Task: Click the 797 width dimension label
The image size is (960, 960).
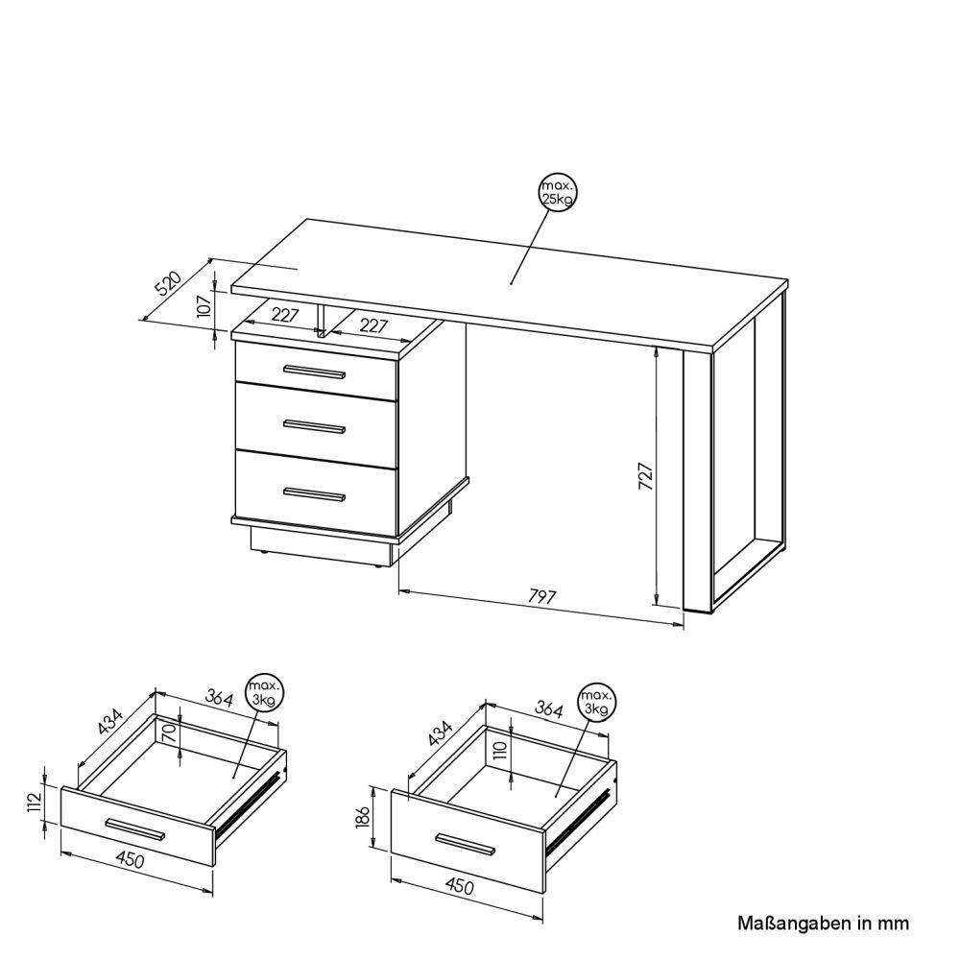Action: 542,596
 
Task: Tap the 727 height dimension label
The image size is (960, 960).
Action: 646,476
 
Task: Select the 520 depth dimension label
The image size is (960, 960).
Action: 168,283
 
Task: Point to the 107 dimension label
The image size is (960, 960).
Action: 204,304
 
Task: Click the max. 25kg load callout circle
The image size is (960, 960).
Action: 558,192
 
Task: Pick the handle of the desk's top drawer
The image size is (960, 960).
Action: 314,372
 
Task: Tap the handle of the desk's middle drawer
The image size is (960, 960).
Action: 314,426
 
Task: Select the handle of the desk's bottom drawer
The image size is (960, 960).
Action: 314,494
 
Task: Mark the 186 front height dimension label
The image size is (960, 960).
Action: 364,817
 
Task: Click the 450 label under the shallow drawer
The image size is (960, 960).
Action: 131,860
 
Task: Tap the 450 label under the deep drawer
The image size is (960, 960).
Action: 460,885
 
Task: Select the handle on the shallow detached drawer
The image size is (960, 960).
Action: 135,829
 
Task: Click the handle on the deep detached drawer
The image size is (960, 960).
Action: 466,844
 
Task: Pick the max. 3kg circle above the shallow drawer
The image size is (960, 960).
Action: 265,693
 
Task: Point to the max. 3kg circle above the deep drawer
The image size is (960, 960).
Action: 597,702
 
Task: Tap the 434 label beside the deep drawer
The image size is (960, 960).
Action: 441,732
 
